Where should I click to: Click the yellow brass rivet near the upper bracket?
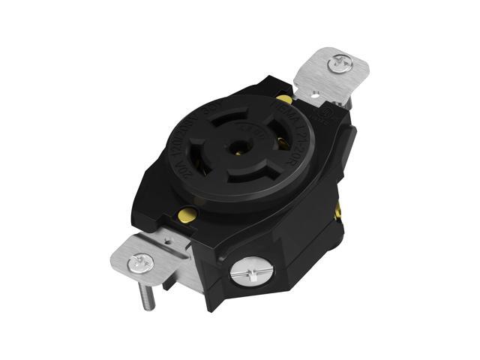tap(283, 99)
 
